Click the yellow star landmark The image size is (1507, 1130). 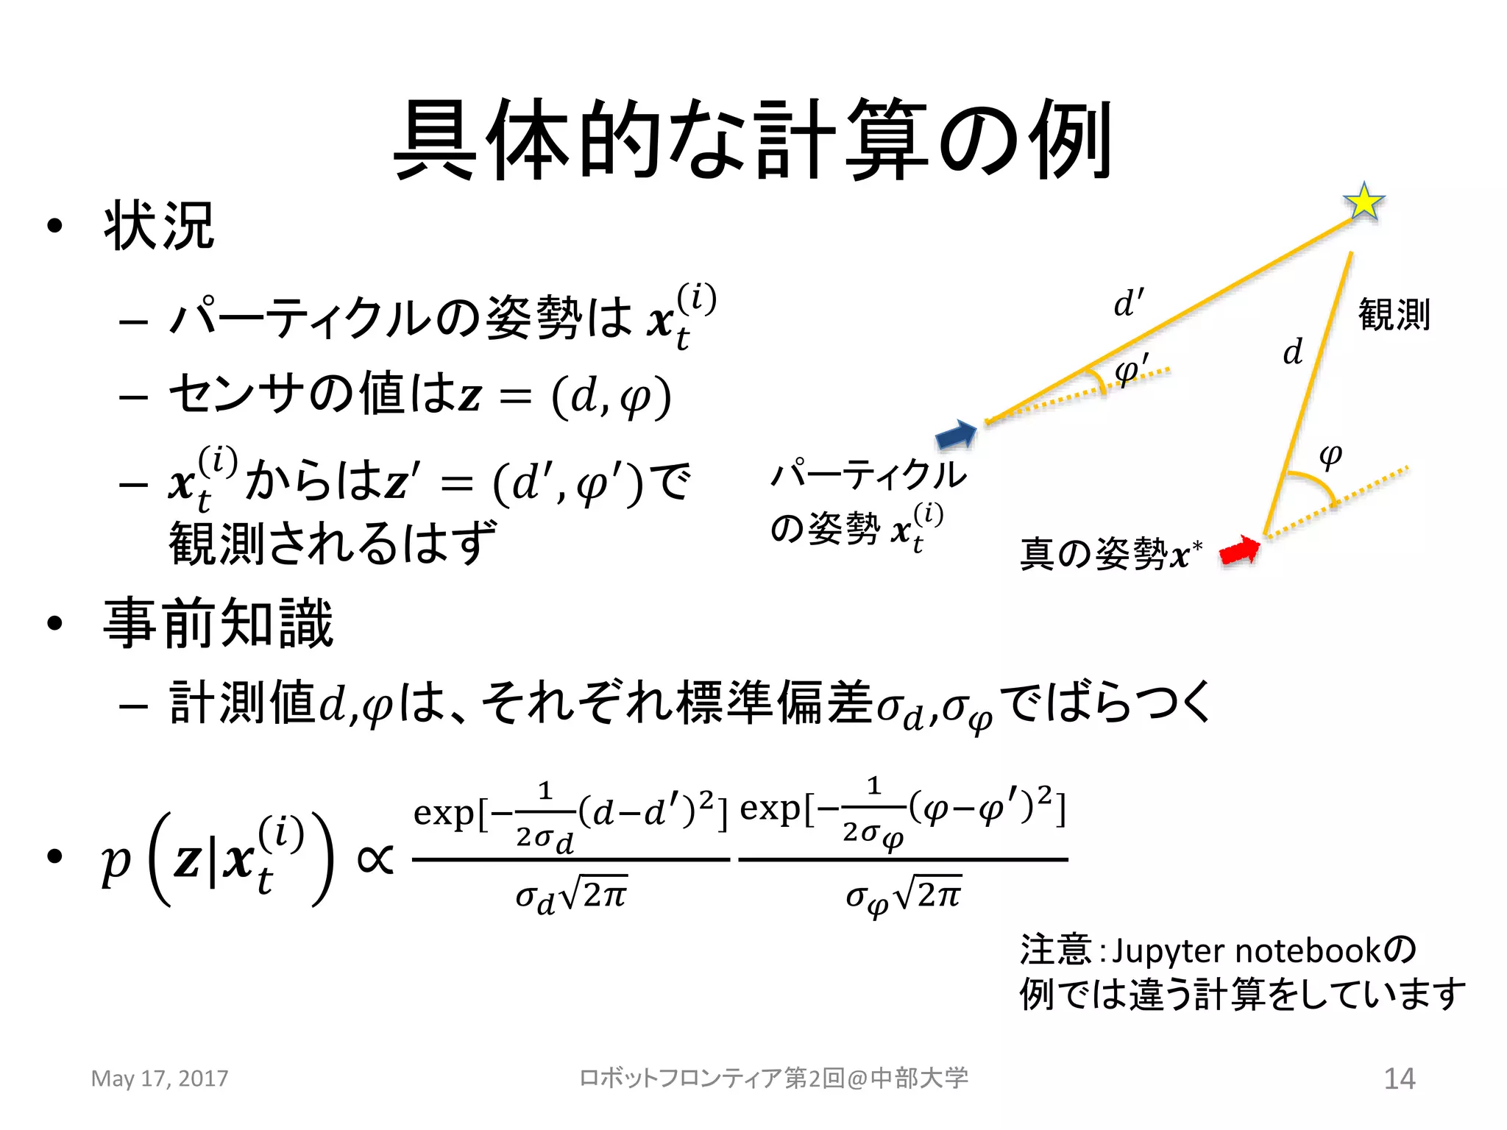coord(1364,201)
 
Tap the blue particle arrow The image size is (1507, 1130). coord(956,435)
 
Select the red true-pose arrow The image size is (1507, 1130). coord(1240,550)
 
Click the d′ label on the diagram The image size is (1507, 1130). coord(1129,302)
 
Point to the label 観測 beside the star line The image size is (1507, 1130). coord(1394,315)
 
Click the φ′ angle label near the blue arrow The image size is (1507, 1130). coord(1131,369)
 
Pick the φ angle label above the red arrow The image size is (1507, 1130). coord(1330,455)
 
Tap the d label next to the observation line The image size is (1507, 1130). coord(1293,352)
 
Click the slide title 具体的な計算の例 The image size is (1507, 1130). coord(753,140)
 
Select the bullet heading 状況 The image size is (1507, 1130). coord(159,226)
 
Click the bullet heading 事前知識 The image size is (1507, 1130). coord(219,623)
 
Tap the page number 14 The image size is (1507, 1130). coord(1400,1079)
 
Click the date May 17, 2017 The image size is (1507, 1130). coord(160,1079)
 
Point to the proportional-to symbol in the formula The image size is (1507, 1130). coord(375,859)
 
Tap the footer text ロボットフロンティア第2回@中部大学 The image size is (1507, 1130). coord(773,1079)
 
